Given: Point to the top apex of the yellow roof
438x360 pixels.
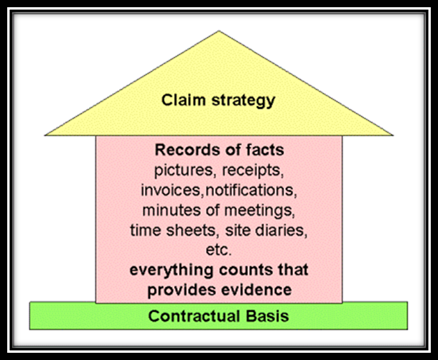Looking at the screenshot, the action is tap(219, 31).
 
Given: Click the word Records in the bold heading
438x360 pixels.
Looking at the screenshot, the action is tap(188, 150).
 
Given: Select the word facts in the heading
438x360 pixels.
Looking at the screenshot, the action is tap(265, 150).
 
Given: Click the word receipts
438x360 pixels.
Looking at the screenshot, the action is tap(253, 171).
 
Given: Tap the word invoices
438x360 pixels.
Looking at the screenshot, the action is tap(172, 190).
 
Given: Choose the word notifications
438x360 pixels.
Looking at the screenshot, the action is tap(251, 190).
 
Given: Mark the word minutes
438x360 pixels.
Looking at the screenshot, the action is tap(171, 210).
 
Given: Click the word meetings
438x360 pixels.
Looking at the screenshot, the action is tap(259, 211).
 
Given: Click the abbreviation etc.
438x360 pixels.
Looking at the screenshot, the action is tap(219, 250).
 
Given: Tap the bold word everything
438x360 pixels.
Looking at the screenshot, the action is tap(171, 270).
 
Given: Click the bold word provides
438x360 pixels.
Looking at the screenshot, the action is tap(181, 290).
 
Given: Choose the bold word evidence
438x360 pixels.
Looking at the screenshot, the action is tap(256, 289).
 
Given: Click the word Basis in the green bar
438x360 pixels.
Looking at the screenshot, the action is tap(267, 316).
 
